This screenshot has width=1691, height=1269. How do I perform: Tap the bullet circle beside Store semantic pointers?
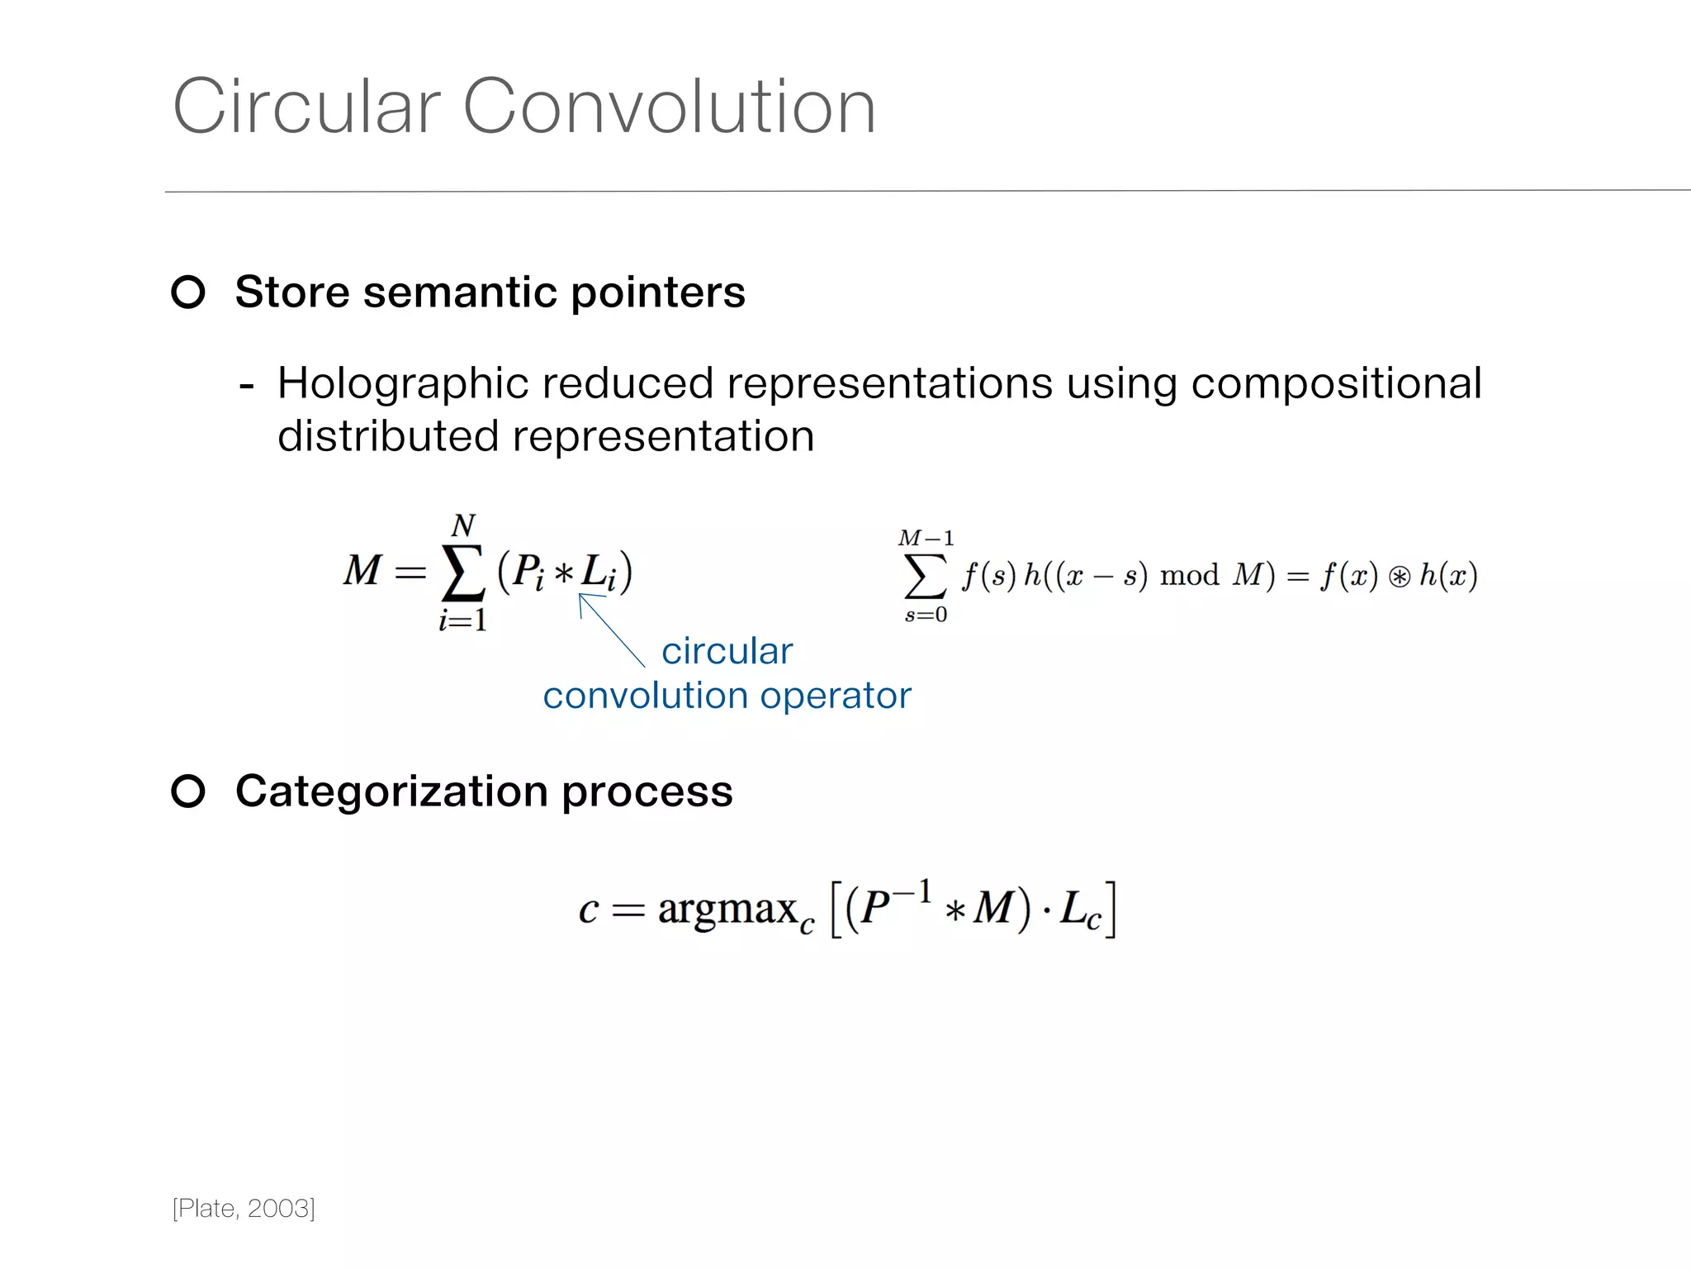[188, 292]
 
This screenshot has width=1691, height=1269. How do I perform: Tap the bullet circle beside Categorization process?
[188, 791]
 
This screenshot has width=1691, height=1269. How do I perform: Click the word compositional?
[1336, 384]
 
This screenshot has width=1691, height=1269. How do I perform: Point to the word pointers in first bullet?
[657, 293]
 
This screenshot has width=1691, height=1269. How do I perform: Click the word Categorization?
[391, 791]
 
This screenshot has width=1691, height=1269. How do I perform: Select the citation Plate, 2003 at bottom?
[244, 1208]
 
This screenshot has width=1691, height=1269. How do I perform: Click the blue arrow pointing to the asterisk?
[611, 630]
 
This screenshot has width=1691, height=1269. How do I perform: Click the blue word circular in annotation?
[727, 651]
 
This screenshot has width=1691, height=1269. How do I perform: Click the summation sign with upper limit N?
[463, 573]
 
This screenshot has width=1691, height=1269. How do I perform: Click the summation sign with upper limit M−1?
[925, 576]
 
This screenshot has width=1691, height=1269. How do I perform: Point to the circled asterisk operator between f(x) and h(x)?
[1399, 577]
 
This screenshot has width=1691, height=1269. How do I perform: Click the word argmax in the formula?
[727, 909]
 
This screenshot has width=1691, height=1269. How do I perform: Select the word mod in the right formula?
[1189, 575]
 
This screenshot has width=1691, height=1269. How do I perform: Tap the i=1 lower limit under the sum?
[462, 620]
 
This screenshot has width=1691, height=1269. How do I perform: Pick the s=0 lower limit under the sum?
[926, 615]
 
